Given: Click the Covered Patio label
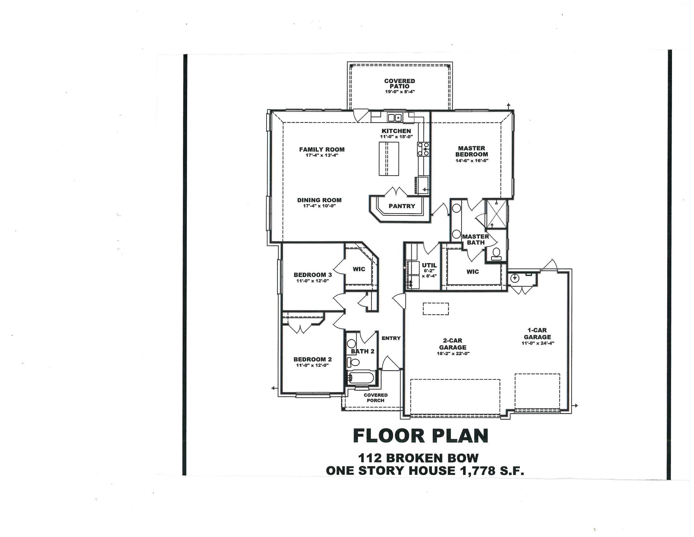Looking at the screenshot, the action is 399,84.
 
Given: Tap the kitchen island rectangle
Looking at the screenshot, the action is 389,159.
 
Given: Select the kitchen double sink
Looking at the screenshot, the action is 395,118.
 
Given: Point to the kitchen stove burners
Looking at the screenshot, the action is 423,149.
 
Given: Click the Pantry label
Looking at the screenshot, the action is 402,206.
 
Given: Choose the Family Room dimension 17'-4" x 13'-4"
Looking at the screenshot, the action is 321,155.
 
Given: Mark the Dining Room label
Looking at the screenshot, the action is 319,200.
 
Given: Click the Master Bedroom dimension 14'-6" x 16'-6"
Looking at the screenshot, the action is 472,161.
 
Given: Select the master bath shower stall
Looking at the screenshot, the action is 497,214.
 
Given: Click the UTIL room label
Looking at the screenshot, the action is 429,265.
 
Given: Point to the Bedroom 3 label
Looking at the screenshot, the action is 313,275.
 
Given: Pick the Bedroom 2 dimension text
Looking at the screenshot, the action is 312,365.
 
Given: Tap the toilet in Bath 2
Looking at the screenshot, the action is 353,362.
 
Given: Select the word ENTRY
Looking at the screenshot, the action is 391,338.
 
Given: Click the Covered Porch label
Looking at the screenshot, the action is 376,398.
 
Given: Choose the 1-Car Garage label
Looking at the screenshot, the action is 537,334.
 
